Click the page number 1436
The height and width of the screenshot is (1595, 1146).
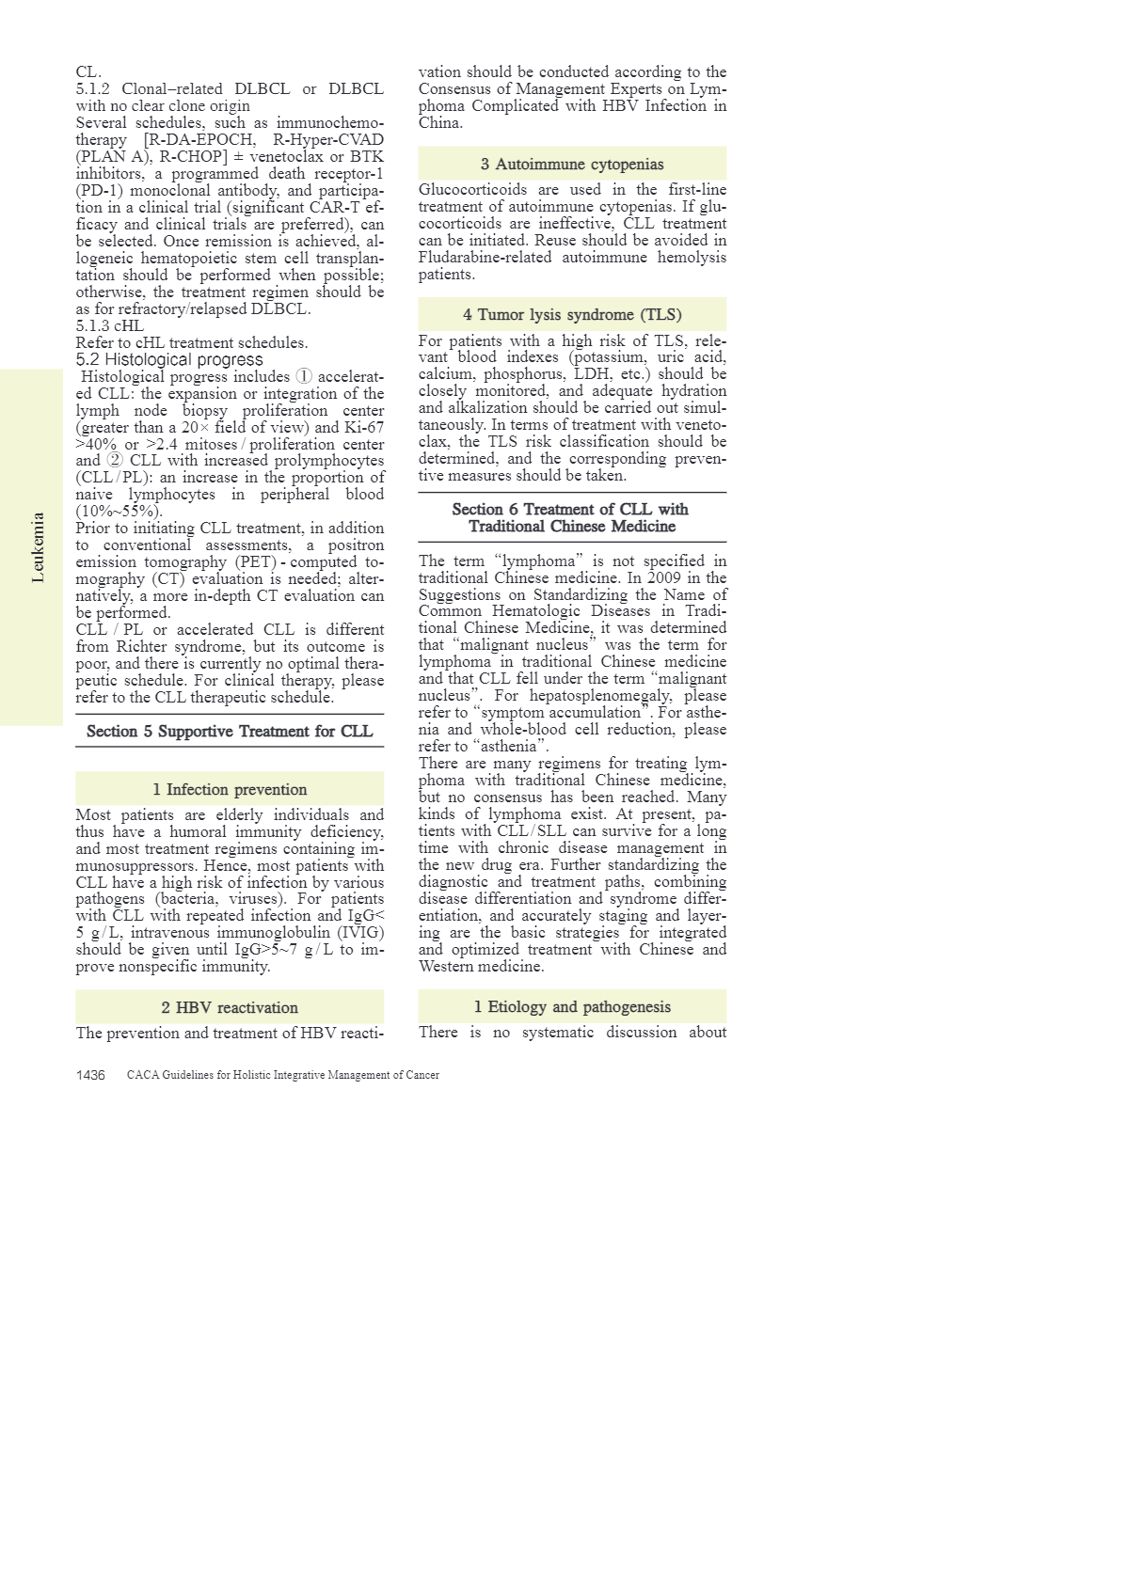tap(90, 1075)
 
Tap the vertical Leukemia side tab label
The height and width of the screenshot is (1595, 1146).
tap(38, 547)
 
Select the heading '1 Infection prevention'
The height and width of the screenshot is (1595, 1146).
tap(230, 789)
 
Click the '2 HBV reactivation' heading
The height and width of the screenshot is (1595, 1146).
tap(230, 1007)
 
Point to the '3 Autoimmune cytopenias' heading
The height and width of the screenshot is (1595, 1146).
tap(572, 164)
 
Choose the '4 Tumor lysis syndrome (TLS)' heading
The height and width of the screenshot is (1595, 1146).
tap(572, 314)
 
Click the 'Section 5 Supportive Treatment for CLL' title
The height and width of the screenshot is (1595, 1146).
tap(230, 731)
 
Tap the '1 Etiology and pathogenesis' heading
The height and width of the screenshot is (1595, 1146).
tap(572, 1006)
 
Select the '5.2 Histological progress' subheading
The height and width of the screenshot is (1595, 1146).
tap(169, 359)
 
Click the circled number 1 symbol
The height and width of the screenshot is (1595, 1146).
tap(304, 376)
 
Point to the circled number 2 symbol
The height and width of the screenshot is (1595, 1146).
tap(115, 461)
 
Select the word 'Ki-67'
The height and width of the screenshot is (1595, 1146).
tap(363, 427)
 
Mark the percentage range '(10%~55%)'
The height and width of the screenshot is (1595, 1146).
tap(119, 512)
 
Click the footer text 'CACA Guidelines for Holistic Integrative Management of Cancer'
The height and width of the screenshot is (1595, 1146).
tap(282, 1075)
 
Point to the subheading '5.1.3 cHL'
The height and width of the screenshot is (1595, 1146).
tap(109, 325)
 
